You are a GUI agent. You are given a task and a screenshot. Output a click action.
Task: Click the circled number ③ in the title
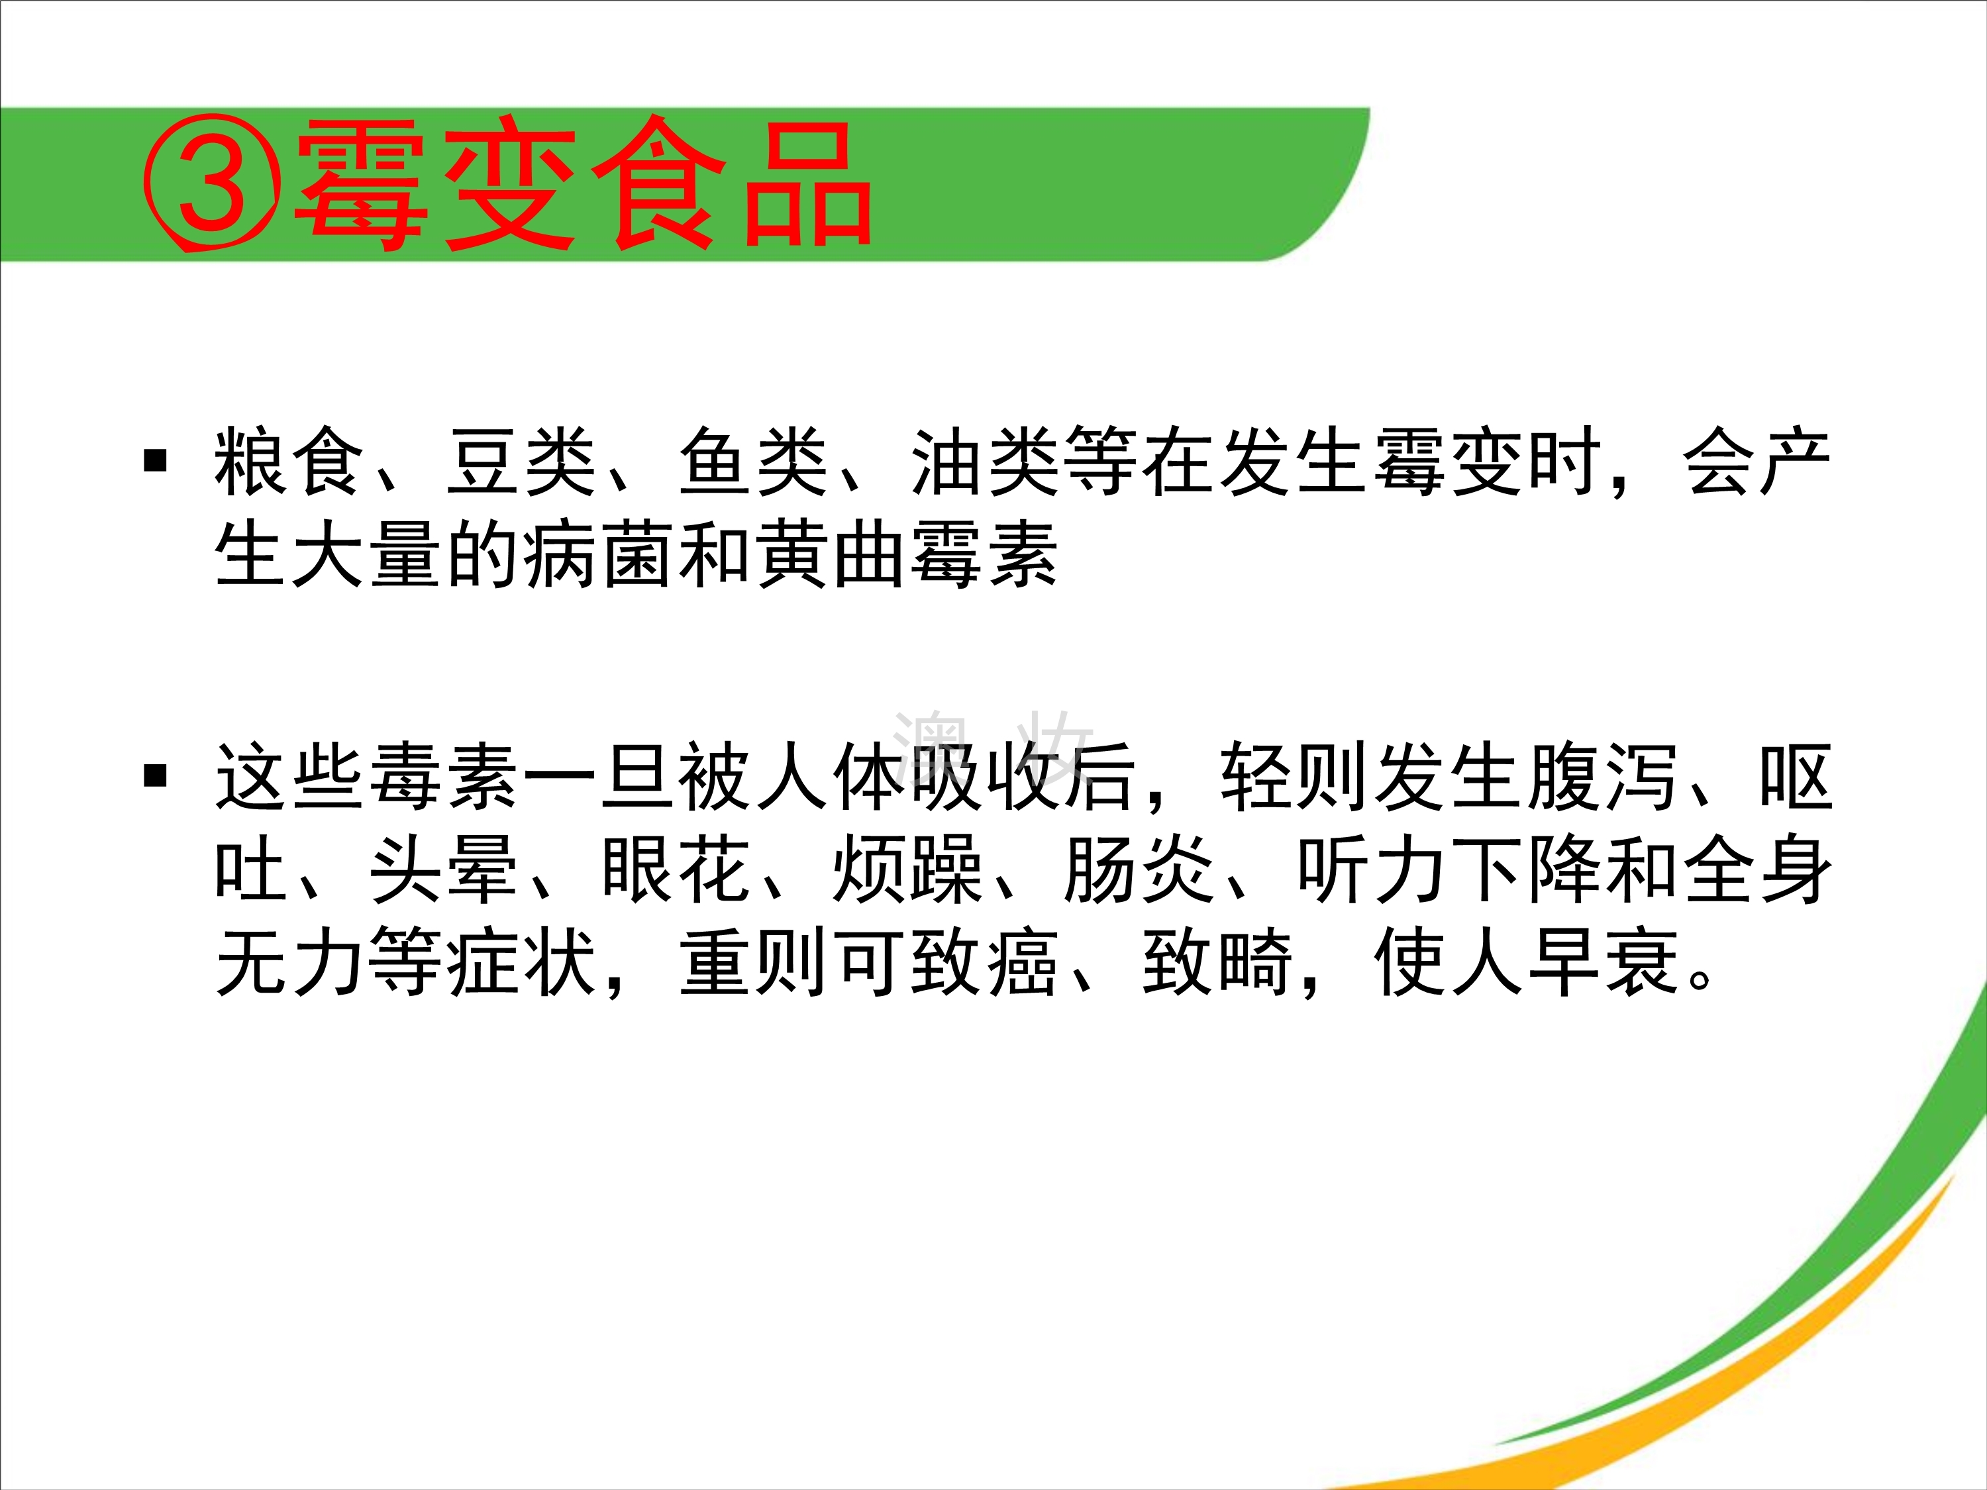tap(212, 184)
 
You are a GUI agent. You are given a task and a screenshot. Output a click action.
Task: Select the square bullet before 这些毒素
tap(156, 774)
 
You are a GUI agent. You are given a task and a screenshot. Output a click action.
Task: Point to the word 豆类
tap(522, 462)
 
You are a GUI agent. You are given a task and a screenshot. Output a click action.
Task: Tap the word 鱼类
tap(754, 462)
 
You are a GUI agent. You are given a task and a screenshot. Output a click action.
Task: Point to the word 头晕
tap(444, 869)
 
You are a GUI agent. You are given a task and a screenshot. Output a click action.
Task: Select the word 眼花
tap(676, 869)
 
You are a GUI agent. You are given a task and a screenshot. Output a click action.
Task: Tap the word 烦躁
tap(908, 869)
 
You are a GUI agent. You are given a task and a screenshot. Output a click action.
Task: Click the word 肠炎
tap(1140, 869)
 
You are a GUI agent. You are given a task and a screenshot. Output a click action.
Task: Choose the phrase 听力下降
tap(1449, 869)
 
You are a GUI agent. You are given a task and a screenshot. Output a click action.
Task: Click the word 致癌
tap(986, 962)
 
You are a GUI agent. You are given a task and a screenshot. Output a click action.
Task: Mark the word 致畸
tap(1217, 962)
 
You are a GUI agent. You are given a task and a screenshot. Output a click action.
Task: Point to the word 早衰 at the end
tap(1604, 962)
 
